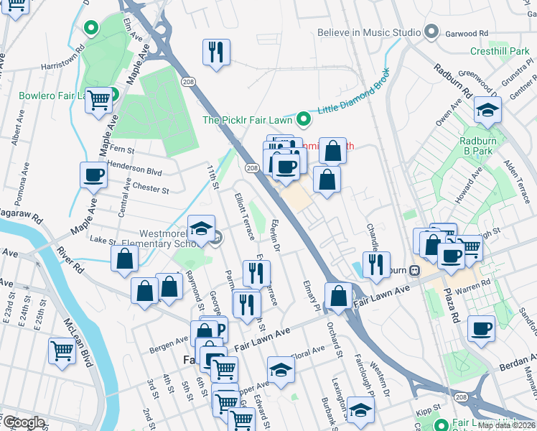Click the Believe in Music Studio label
pyautogui.click(x=369, y=32)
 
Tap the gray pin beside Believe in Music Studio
pyautogui.click(x=431, y=32)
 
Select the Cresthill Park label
pyautogui.click(x=499, y=51)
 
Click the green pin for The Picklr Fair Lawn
pyautogui.click(x=304, y=119)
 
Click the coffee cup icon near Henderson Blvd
pyautogui.click(x=93, y=175)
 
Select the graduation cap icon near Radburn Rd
pyautogui.click(x=487, y=111)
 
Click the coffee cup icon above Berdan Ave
pyautogui.click(x=482, y=330)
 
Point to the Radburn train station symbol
pyautogui.click(x=414, y=270)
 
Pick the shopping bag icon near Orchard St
pyautogui.click(x=338, y=295)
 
